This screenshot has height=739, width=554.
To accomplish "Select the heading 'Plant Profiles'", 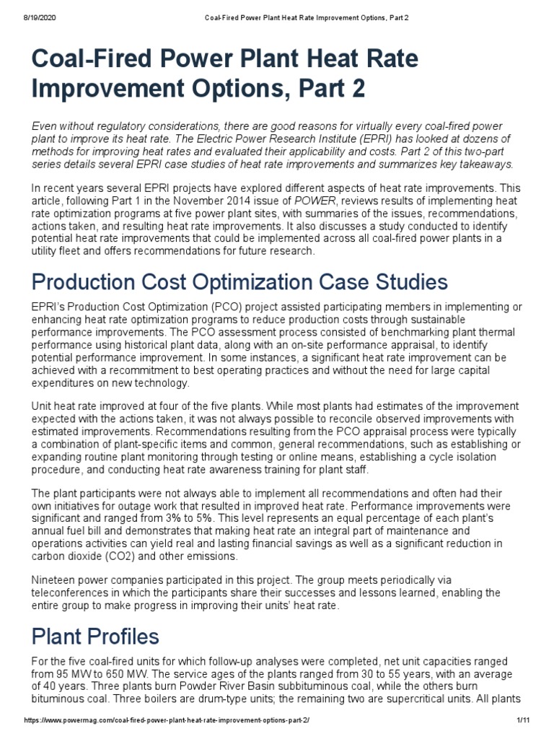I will coord(96,637).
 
